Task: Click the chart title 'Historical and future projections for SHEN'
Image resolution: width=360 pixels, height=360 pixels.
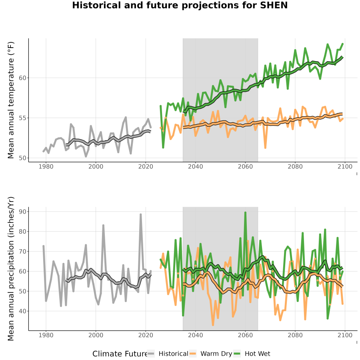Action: coord(180,5)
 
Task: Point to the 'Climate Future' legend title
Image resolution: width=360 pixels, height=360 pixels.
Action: coord(120,354)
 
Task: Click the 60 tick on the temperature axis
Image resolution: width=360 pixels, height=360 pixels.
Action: coord(22,78)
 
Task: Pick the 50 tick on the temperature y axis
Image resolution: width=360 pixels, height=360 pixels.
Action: coord(22,158)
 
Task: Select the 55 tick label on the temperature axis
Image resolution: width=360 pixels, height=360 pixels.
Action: coord(22,118)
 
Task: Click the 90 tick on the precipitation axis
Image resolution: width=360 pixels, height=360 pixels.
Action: coord(22,212)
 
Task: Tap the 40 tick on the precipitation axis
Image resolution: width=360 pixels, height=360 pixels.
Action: coord(22,311)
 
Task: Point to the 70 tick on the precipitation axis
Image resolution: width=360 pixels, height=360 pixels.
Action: coord(22,252)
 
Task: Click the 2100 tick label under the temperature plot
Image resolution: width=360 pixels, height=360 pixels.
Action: coord(345,166)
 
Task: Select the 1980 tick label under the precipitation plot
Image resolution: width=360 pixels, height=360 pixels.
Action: coord(46,335)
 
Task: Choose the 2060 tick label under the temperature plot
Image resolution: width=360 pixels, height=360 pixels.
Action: coord(245,166)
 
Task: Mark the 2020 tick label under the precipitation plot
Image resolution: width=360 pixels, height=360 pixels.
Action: coord(146,335)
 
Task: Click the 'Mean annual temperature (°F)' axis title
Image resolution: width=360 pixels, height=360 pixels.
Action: coord(11,100)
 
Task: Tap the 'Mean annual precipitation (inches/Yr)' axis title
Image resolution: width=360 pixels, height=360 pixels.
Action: coord(11,269)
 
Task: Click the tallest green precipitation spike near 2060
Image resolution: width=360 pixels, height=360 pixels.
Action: coord(246,213)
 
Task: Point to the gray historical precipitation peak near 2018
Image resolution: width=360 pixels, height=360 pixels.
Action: coord(141,215)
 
